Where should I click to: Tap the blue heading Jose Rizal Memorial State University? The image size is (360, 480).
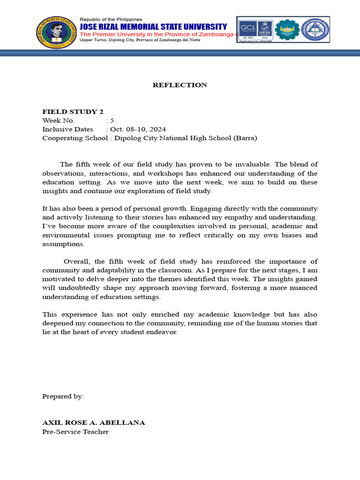(153, 27)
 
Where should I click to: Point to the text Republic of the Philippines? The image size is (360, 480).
(111, 19)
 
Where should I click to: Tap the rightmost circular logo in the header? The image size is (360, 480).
(315, 30)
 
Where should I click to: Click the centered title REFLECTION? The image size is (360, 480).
(180, 85)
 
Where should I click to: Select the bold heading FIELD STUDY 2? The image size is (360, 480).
(73, 112)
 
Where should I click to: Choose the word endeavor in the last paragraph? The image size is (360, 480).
(162, 332)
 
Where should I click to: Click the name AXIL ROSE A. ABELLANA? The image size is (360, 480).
(94, 423)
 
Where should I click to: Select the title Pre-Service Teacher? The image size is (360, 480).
(75, 432)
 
